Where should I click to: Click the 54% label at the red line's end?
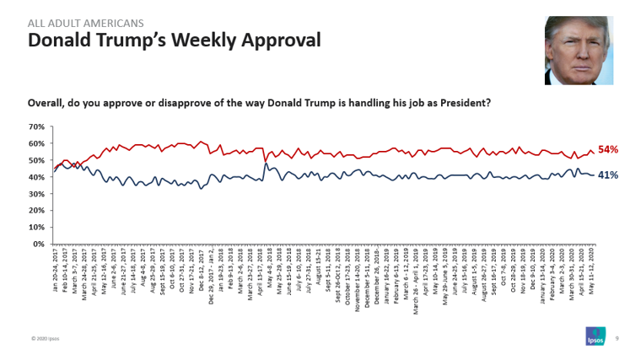pos(608,150)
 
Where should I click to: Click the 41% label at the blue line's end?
pos(608,175)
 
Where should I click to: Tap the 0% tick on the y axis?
pos(38,244)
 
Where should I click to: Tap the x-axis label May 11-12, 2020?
pos(593,269)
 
